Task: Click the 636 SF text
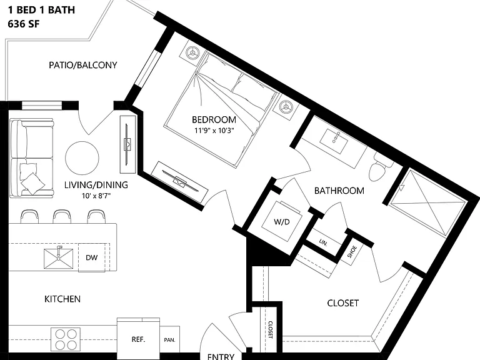pyautogui.click(x=24, y=24)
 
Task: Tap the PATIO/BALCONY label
pyautogui.click(x=83, y=65)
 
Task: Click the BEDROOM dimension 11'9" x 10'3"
pyautogui.click(x=214, y=131)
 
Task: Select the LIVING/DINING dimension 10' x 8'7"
pyautogui.click(x=96, y=196)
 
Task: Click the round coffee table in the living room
pyautogui.click(x=82, y=158)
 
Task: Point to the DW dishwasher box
pyautogui.click(x=92, y=257)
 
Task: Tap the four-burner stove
pyautogui.click(x=66, y=339)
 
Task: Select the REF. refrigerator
pyautogui.click(x=138, y=339)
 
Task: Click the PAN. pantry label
pyautogui.click(x=169, y=340)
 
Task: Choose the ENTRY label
pyautogui.click(x=221, y=356)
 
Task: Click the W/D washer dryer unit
pyautogui.click(x=282, y=222)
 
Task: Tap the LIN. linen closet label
pyautogui.click(x=323, y=242)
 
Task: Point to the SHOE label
pyautogui.click(x=352, y=252)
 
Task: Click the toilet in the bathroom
pyautogui.click(x=379, y=169)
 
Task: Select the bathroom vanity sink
pyautogui.click(x=334, y=141)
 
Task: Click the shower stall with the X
pyautogui.click(x=428, y=203)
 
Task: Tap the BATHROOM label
pyautogui.click(x=339, y=191)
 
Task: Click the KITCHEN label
pyautogui.click(x=62, y=299)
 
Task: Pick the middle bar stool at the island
pyautogui.click(x=62, y=216)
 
